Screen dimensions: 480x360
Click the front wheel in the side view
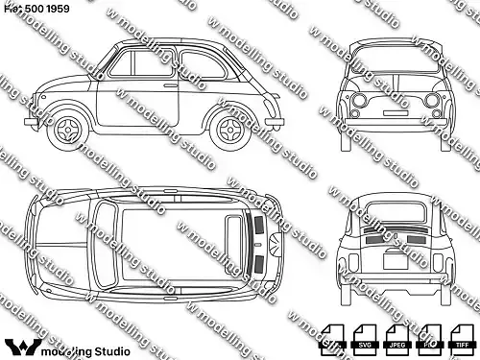71,129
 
